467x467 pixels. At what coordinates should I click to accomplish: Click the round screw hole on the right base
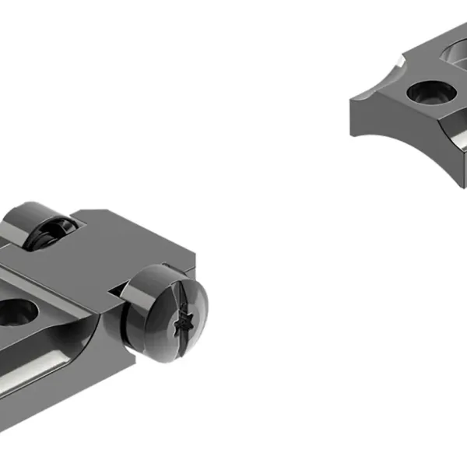pos(427,93)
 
